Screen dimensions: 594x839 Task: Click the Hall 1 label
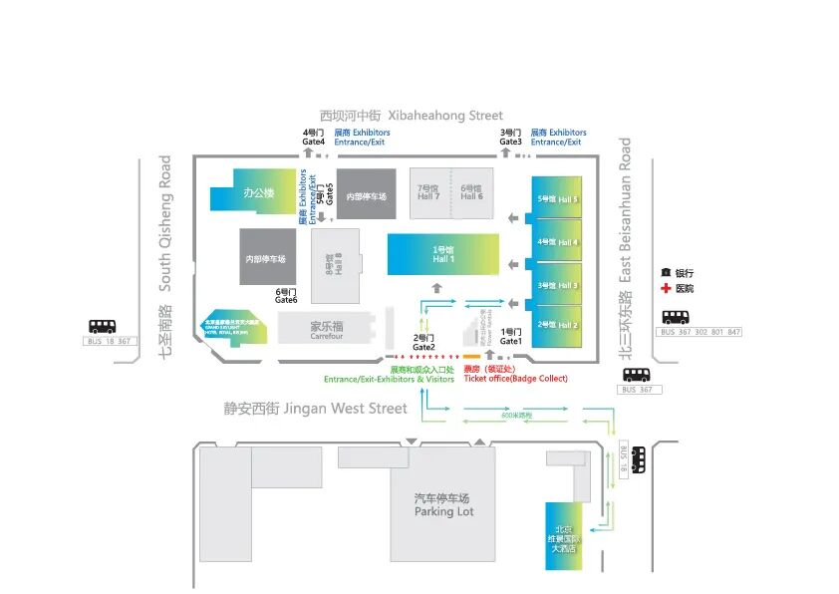point(442,254)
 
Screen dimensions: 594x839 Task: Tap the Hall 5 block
point(556,199)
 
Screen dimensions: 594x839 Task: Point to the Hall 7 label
point(428,192)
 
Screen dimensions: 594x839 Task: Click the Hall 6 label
point(471,192)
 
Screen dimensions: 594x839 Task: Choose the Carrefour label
point(326,331)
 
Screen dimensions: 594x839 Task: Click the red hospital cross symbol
point(666,289)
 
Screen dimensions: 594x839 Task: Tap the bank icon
point(666,273)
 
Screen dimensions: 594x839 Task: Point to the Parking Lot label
point(444,505)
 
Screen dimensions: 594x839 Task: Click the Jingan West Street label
point(315,409)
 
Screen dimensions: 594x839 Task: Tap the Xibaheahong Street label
point(412,116)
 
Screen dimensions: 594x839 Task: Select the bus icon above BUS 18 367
point(103,325)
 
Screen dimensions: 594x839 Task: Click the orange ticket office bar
point(472,357)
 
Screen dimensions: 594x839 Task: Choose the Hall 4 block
point(556,241)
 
